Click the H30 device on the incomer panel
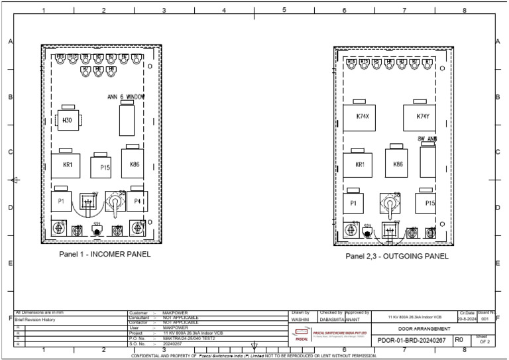[68, 120]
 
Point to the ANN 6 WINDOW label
[126, 97]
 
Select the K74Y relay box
[423, 117]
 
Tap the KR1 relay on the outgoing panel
[360, 164]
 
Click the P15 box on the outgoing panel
[429, 204]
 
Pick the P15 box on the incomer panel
[104, 168]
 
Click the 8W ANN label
[427, 139]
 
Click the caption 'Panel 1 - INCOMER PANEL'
[105, 254]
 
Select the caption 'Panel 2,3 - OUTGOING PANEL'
[397, 256]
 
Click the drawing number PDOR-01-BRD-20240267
[412, 340]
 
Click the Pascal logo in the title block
[302, 334]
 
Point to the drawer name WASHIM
[300, 320]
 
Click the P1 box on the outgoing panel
[354, 204]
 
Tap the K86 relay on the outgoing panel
[398, 164]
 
